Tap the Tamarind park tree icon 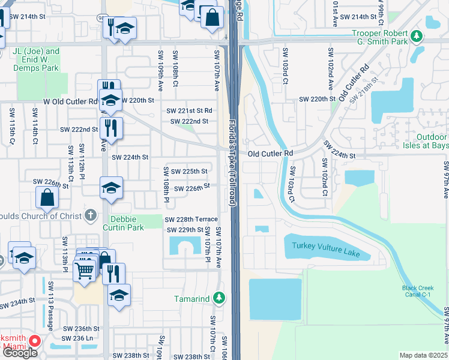219,298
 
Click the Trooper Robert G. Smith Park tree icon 415,38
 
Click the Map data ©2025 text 423,355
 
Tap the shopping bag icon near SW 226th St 47,197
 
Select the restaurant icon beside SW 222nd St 111,127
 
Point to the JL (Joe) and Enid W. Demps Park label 36,59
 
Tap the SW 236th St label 83,329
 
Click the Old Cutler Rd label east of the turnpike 270,154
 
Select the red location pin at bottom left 34,342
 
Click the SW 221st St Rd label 190,110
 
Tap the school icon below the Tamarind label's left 119,295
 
